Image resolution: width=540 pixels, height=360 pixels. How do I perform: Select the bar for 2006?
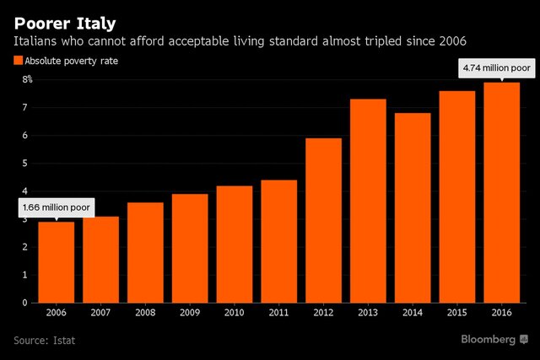(x=57, y=262)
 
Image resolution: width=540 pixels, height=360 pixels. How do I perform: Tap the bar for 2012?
(x=324, y=220)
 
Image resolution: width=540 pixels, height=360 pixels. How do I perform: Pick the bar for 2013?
(x=369, y=201)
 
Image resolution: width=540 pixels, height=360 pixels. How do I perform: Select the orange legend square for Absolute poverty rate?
(x=19, y=61)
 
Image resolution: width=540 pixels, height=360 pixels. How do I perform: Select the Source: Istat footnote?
(x=44, y=341)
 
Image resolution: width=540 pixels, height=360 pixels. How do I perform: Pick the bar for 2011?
(x=279, y=241)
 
